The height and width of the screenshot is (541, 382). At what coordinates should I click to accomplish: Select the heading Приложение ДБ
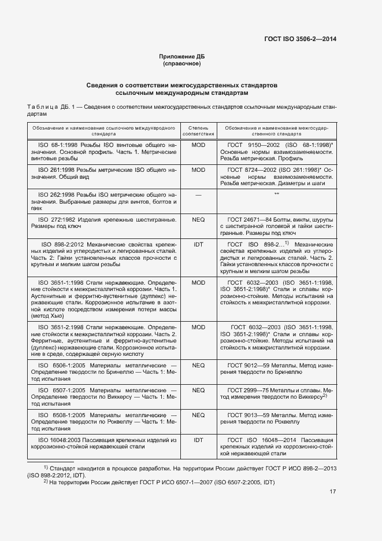coord(182,56)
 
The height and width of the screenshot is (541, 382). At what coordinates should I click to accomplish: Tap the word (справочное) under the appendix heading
coord(182,63)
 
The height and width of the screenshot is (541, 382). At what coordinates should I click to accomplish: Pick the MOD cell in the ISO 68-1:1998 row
coord(198,145)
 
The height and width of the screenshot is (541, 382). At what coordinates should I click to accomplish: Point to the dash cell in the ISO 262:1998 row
coord(198,195)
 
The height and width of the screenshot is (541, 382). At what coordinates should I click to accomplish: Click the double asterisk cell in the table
coord(277,195)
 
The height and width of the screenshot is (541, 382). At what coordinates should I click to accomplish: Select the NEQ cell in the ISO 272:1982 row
coord(198,220)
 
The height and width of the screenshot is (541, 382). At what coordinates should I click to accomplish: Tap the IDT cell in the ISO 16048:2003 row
coord(198,440)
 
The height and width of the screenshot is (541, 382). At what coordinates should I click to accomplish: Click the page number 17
coord(332,492)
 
